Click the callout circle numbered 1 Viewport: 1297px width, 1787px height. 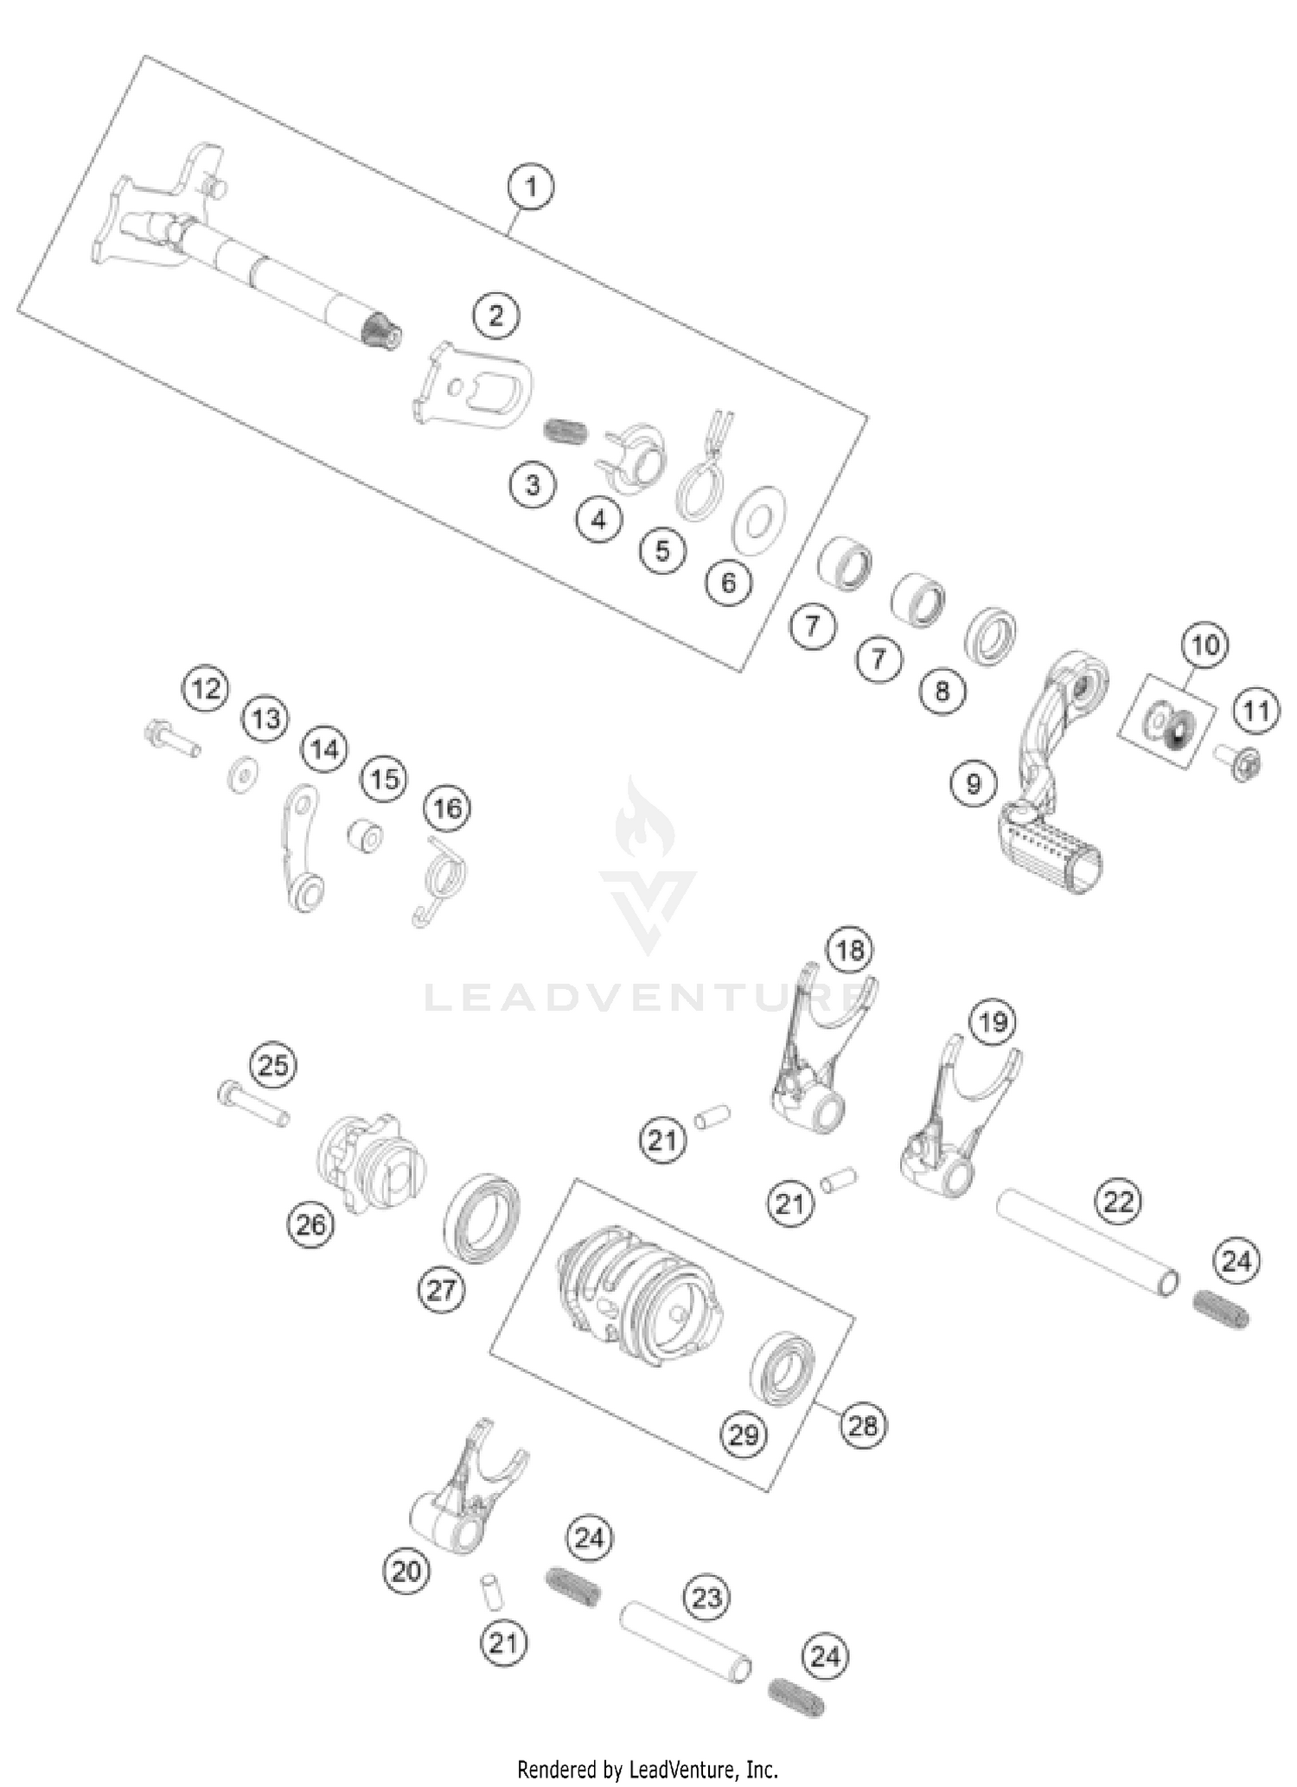531,187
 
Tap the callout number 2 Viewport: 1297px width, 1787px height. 495,316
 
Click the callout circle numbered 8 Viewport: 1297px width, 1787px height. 942,690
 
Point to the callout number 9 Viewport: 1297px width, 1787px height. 974,783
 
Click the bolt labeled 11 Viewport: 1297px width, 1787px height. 1242,762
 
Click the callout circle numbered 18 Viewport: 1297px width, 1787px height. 849,951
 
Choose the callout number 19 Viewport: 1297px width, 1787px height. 993,1022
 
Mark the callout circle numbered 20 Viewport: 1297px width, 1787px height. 406,1571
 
